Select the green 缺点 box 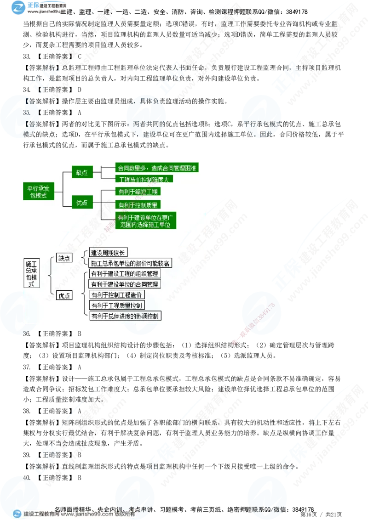(82, 173)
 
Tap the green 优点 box (82, 203)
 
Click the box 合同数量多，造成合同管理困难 (156, 168)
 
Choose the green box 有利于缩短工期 (138, 192)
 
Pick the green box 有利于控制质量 (138, 204)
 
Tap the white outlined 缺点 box (64, 258)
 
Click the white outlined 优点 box (64, 296)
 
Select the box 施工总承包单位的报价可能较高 (130, 263)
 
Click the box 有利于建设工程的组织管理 (125, 274)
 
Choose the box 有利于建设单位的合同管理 (125, 284)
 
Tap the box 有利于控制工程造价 (117, 294)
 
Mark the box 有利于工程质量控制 (117, 305)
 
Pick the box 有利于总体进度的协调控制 (126, 316)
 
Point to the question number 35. (26, 112)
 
